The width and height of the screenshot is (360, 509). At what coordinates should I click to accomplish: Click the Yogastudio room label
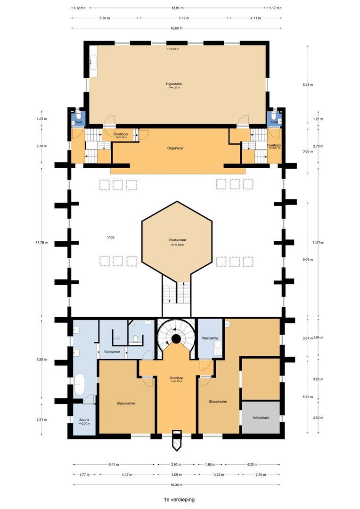(174, 84)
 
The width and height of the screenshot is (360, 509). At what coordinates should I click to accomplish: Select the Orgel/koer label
(175, 148)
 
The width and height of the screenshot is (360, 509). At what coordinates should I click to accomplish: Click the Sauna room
(84, 419)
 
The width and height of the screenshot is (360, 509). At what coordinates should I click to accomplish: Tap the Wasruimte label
(209, 338)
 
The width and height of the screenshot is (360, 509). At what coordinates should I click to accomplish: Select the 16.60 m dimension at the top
(176, 28)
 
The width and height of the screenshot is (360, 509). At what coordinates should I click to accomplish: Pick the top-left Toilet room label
(78, 122)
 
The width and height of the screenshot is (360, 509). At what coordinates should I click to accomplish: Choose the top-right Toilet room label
(273, 122)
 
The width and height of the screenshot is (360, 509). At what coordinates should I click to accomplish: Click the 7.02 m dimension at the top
(183, 18)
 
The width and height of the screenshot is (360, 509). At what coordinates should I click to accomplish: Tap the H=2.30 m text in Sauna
(84, 424)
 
